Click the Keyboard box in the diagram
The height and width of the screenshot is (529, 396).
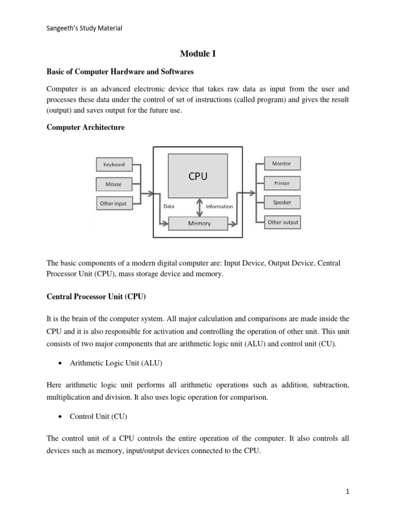point(114,165)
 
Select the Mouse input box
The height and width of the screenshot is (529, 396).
point(114,184)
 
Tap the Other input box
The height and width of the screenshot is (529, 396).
point(113,204)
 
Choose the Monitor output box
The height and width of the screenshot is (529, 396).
point(282,164)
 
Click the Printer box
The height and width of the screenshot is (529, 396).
point(282,183)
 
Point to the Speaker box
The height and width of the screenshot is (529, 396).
point(282,203)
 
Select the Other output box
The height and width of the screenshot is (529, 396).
point(282,223)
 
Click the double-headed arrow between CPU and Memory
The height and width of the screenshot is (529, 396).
point(198,207)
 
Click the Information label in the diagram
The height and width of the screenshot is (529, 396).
point(219,207)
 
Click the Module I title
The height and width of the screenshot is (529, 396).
point(197,53)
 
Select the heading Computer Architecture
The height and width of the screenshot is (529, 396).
point(86,127)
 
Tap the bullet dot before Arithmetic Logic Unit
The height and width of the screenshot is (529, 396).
point(61,363)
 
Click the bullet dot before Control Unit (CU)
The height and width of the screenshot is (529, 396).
point(61,416)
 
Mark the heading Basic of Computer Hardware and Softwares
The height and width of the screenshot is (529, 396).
point(120,71)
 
